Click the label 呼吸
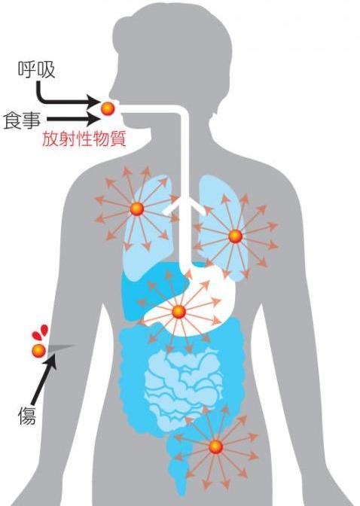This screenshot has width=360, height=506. click(x=36, y=70)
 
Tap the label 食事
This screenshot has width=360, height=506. click(x=23, y=120)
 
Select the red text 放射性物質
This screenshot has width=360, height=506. click(x=84, y=140)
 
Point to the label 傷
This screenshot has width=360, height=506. click(x=27, y=415)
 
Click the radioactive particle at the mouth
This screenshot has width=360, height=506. click(x=108, y=108)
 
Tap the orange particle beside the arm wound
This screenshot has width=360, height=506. click(x=38, y=350)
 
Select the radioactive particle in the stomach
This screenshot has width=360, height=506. click(x=178, y=312)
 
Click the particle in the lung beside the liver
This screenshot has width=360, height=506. click(x=137, y=209)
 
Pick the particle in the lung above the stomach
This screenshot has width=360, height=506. click(x=236, y=236)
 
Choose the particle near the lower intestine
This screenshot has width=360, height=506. click(x=215, y=447)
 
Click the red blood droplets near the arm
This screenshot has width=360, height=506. click(x=40, y=332)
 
